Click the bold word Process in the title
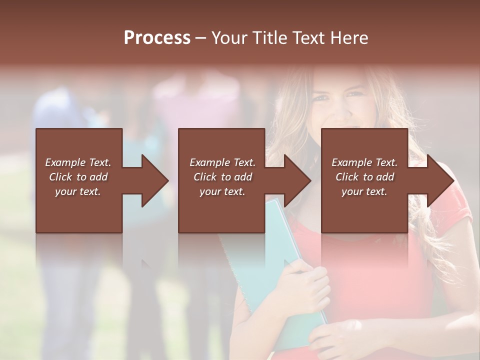[157, 38]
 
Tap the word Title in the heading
[270, 38]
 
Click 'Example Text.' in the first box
[78, 162]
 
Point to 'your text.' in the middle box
[222, 191]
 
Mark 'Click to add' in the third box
[364, 177]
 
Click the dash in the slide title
[201, 38]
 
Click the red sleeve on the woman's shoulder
[457, 210]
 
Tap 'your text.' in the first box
[78, 191]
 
